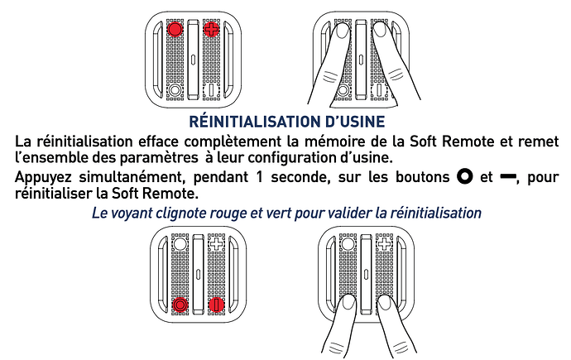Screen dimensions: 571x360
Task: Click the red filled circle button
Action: [x=175, y=29]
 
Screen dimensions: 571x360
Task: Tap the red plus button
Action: [x=211, y=29]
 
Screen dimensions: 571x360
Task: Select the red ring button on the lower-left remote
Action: [x=180, y=305]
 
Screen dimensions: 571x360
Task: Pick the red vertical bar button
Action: [x=216, y=305]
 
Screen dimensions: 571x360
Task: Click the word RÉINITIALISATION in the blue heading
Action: [x=253, y=122]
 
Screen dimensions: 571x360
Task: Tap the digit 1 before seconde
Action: [x=259, y=177]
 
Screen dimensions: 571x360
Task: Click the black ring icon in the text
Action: [x=465, y=177]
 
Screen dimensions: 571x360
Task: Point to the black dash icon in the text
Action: [x=507, y=177]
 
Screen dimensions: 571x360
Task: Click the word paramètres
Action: [x=159, y=158]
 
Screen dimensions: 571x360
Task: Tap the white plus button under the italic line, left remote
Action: [x=216, y=243]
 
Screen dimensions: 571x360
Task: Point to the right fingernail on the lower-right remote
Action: [x=385, y=303]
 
